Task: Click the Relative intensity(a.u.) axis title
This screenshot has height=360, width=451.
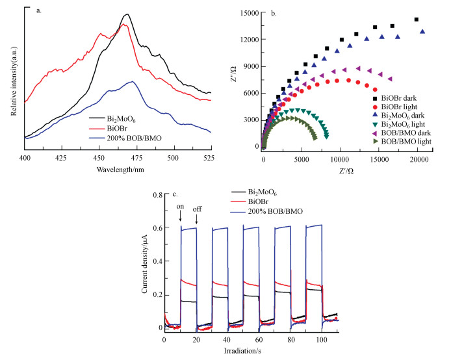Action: coord(14,73)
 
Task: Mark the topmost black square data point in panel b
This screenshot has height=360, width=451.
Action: coord(417,19)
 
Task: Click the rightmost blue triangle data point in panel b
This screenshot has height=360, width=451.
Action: coord(423,31)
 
